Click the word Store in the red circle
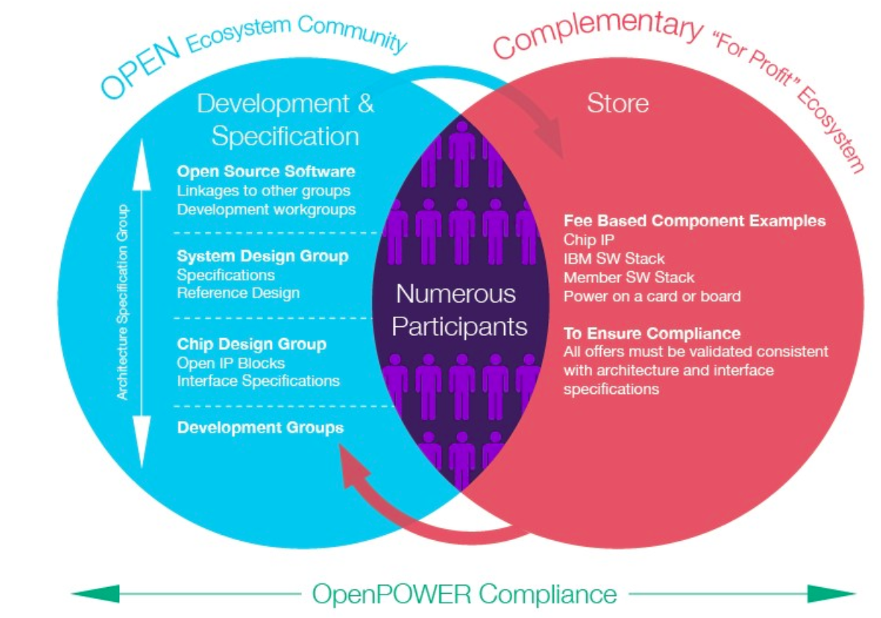(x=617, y=104)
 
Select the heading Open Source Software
(x=266, y=171)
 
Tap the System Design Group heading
(x=262, y=256)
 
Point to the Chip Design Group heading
(x=252, y=344)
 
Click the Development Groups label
(x=260, y=428)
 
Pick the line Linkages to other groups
(x=264, y=190)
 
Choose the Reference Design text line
(x=238, y=292)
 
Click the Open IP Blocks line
(x=231, y=363)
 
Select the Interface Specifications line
(x=259, y=381)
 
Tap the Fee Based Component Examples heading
(x=694, y=220)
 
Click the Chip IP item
(x=589, y=240)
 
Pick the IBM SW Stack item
(x=614, y=259)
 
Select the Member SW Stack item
(x=629, y=278)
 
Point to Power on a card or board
(x=652, y=296)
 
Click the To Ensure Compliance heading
(x=652, y=333)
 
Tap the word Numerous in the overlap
(x=456, y=294)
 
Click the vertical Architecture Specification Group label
(x=122, y=302)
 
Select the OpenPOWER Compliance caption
(x=464, y=594)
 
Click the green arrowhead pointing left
(x=96, y=594)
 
